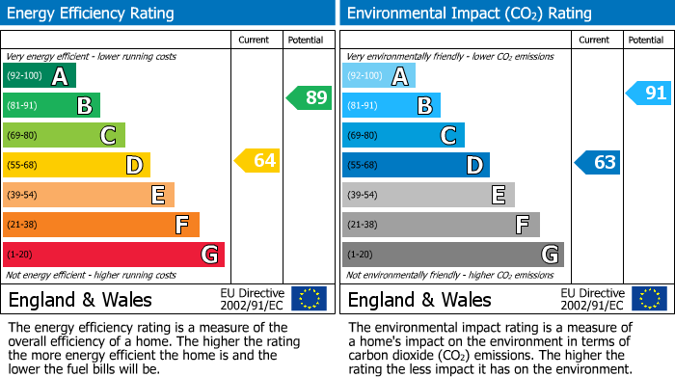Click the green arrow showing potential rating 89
coord(310,97)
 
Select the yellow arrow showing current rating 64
coord(257,161)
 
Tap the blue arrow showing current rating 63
coord(597,162)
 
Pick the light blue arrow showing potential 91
coord(648,94)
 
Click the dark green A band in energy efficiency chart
coord(40,76)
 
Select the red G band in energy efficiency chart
coord(114,255)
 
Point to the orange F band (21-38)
coord(101,225)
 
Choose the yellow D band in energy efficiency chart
coord(76,165)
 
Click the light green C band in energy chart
coord(64,135)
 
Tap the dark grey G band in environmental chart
coord(453,255)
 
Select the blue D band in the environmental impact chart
coord(416,165)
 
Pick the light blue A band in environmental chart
coord(379,76)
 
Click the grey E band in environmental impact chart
coord(428,195)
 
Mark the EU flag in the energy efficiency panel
coord(309,298)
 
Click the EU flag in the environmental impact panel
coord(649,298)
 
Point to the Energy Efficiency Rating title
coord(91,13)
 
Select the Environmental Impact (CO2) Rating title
coord(469,13)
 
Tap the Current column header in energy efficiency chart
coord(256,40)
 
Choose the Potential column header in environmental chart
coord(645,40)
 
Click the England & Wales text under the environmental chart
coord(419,299)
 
